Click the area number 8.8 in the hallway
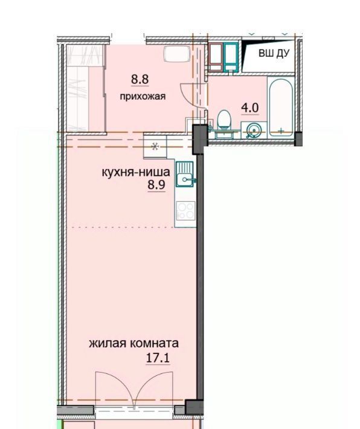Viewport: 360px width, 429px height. pos(140,79)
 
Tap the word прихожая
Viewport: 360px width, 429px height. pos(143,96)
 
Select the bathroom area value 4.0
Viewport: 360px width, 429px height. pos(249,108)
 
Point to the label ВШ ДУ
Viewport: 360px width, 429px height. pos(274,53)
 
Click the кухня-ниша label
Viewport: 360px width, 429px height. pos(136,172)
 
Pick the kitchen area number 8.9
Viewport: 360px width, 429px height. pos(156,185)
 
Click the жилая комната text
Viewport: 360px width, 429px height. pos(133,343)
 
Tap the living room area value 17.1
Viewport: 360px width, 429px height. pos(158,358)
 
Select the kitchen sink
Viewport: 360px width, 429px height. pos(185,174)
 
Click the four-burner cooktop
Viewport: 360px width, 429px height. pos(186,211)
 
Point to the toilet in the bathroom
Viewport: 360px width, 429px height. pos(223,120)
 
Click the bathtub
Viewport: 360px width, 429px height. pos(281,108)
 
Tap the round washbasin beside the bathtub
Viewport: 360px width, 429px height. pos(253,131)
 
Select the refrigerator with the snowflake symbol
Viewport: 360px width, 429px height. pos(155,146)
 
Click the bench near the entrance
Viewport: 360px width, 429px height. pos(177,54)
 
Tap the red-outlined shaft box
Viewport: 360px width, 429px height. pos(216,57)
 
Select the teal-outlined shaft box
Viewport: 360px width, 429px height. pos(231,57)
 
